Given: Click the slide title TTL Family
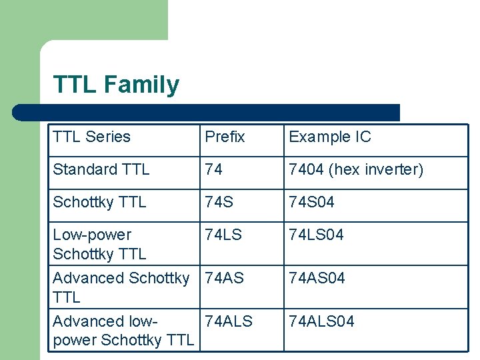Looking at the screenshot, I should [116, 85].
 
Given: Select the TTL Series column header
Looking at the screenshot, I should [91, 137].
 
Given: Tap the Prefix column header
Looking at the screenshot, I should [225, 137].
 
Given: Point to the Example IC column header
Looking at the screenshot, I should [329, 137].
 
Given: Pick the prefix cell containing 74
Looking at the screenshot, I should [213, 169].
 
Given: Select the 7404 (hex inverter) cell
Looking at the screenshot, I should [355, 169].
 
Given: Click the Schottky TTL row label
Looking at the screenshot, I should [99, 202].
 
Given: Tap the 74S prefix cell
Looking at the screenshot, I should [219, 202].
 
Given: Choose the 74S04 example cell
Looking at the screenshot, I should [311, 202].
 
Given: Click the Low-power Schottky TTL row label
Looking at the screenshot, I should [99, 244].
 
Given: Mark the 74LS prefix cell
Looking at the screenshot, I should [223, 235].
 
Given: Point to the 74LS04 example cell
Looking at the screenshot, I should [316, 235].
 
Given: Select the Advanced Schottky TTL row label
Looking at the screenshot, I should [120, 287].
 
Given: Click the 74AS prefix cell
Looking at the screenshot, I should [225, 278].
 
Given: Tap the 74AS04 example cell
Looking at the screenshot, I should [317, 278].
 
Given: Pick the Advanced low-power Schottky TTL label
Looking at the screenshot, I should [123, 331].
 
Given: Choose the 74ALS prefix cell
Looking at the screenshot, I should [229, 321].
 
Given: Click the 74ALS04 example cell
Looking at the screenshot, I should [321, 321].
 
